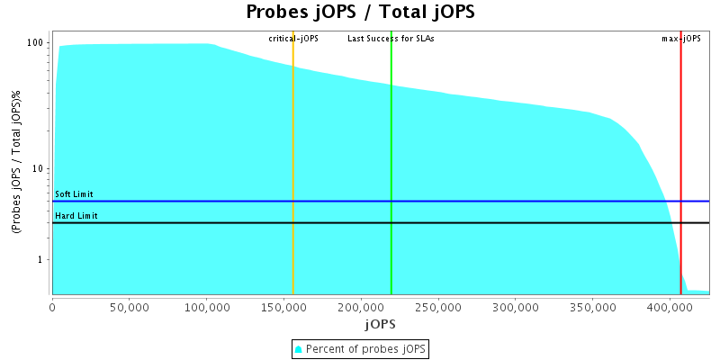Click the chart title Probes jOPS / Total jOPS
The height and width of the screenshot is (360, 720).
click(x=360, y=13)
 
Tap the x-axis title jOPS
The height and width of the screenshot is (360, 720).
click(x=379, y=323)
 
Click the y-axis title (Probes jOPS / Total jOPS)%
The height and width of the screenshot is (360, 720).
click(x=16, y=163)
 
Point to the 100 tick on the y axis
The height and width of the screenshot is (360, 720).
click(x=37, y=43)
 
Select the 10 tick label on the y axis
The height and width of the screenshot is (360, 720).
click(x=39, y=169)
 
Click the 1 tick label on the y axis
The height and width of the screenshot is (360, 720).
click(x=41, y=260)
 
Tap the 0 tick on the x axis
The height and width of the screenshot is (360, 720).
click(x=52, y=307)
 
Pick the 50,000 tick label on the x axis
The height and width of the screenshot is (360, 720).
click(x=130, y=307)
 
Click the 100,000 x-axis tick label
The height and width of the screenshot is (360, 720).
click(x=207, y=307)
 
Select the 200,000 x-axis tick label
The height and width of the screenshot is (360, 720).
click(x=361, y=307)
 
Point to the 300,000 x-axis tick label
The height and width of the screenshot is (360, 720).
click(x=515, y=307)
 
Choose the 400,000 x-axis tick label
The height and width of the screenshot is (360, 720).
click(x=669, y=307)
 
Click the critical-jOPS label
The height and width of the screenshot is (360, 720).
click(x=293, y=39)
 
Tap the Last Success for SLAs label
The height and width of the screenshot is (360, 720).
click(x=391, y=39)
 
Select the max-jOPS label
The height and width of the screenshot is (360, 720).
click(x=681, y=39)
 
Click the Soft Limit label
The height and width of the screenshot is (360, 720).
click(x=74, y=194)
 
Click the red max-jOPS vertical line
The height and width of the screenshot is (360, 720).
click(x=681, y=135)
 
